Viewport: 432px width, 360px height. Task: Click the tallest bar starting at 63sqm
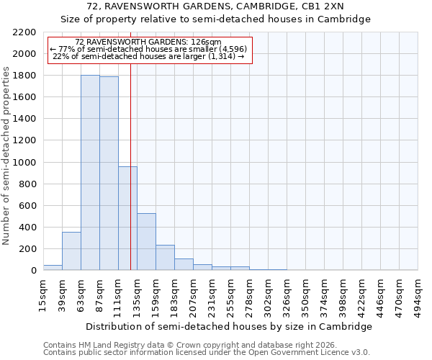[x=90, y=173]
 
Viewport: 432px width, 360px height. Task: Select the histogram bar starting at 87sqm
[x=109, y=174]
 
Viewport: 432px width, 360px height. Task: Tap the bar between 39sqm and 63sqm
[x=71, y=251]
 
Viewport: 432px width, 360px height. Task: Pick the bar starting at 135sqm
[x=146, y=242]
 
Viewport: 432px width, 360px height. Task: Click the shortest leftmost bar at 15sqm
[x=53, y=268]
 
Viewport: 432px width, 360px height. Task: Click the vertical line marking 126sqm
[x=130, y=180]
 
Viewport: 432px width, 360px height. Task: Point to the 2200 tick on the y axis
[x=24, y=32]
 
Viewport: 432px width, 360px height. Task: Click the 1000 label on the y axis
[x=24, y=163]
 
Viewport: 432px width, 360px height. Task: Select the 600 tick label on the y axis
[x=27, y=206]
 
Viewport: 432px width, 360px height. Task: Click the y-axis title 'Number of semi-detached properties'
[x=6, y=156]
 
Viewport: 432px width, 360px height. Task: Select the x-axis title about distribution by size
[x=230, y=326]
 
